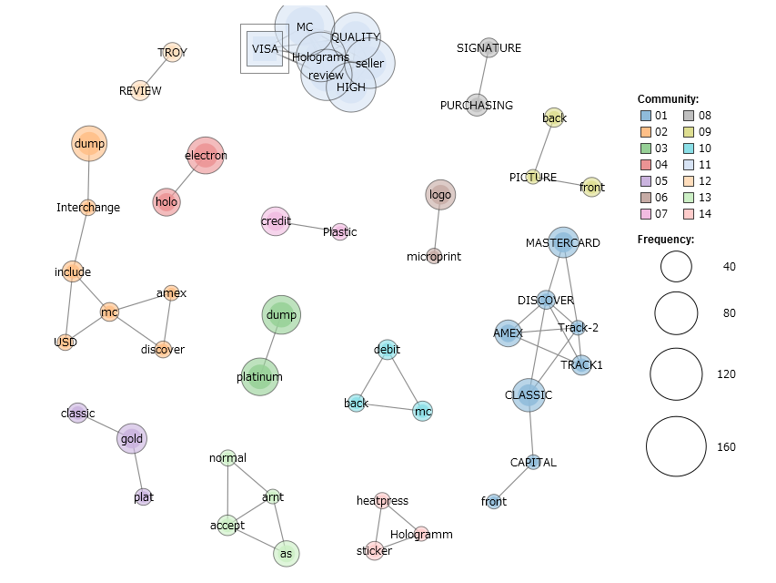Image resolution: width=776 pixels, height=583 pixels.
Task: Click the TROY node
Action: (173, 52)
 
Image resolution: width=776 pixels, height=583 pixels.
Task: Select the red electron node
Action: (206, 156)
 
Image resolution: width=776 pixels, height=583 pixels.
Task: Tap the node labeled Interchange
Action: (87, 208)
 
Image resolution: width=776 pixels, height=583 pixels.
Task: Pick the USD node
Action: (66, 343)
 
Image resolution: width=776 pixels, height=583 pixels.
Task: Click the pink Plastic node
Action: (339, 232)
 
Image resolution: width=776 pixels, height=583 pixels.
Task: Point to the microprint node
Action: (434, 257)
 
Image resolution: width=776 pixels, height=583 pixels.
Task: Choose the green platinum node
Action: (260, 376)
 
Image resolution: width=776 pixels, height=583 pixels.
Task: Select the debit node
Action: (388, 350)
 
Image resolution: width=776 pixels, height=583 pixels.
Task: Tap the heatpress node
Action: (382, 500)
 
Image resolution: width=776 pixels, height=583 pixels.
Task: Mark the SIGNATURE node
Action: (489, 48)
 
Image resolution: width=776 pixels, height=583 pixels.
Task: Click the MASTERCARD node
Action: (563, 243)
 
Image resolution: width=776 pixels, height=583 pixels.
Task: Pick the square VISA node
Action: (265, 48)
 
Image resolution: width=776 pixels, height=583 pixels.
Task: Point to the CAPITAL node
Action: (533, 463)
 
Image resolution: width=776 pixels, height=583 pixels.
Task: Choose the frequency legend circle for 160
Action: (676, 446)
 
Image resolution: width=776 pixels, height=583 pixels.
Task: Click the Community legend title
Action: (668, 98)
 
